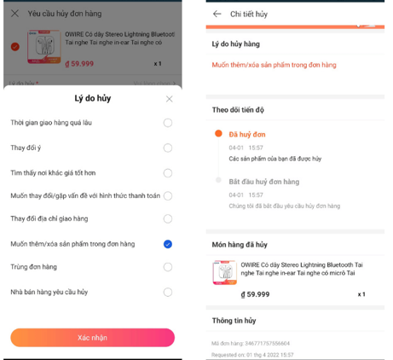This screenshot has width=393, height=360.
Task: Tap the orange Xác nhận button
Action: coord(92,337)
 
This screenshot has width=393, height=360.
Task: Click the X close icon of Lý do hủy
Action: coord(169,99)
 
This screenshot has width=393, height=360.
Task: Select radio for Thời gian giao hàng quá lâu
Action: coord(168,123)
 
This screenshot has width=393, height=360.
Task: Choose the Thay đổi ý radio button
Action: coord(168,147)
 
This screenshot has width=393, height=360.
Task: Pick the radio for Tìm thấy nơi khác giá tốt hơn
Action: coord(168,171)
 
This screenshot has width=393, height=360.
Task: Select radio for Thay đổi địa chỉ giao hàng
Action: coord(168,219)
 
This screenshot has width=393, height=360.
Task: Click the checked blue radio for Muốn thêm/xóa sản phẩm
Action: coord(168,244)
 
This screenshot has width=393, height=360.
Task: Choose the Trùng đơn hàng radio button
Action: coord(168,267)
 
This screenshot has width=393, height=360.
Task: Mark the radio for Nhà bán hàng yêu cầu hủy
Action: coord(168,291)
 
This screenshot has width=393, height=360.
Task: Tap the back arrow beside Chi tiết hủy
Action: coord(217,14)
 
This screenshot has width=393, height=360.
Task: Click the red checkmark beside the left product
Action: coord(15,47)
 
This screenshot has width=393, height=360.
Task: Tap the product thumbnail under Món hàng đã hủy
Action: coord(224,272)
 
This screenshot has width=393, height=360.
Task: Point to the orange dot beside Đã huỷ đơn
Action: coord(218,134)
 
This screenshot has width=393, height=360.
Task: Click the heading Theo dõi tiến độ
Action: coord(239,109)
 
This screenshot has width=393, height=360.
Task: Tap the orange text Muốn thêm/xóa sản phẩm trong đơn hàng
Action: coord(274,65)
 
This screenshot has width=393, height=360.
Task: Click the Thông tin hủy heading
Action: coord(234,321)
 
